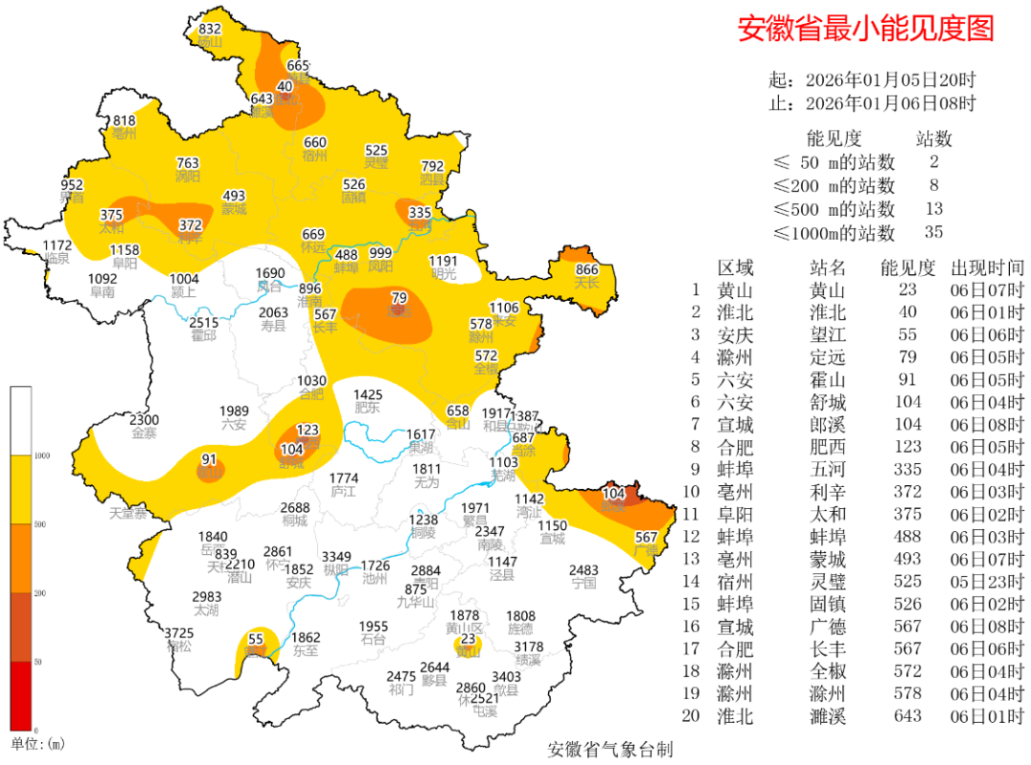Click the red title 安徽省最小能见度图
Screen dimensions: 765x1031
click(866, 29)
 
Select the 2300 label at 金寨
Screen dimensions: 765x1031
click(144, 420)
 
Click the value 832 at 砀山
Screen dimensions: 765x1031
click(210, 30)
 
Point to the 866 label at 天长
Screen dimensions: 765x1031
click(586, 270)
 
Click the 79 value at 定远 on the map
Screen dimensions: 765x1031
click(399, 298)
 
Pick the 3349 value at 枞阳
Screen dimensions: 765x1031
click(336, 556)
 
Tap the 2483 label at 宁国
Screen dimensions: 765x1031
click(583, 570)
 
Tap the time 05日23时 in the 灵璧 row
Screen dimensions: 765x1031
click(987, 581)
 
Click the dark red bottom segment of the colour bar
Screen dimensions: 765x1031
click(21, 695)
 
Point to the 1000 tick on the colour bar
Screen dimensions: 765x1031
click(44, 457)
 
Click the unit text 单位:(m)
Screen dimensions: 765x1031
click(37, 743)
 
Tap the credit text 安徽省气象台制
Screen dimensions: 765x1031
click(610, 749)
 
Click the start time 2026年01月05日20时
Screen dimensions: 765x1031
click(890, 79)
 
